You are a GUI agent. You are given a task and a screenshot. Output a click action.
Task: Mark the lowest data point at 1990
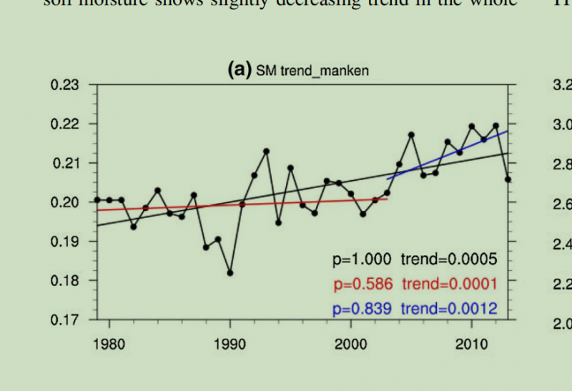tap(230, 273)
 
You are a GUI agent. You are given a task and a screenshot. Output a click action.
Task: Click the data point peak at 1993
tap(266, 152)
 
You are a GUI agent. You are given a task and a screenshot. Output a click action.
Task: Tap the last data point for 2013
tap(508, 179)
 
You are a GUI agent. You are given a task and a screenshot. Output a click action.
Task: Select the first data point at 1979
tap(97, 200)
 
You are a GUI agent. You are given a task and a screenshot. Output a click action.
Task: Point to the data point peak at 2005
tap(411, 134)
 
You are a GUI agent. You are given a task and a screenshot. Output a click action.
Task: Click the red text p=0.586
tap(363, 284)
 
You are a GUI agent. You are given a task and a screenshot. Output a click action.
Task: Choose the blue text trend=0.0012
tap(448, 309)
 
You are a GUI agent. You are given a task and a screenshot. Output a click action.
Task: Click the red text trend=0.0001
tap(448, 284)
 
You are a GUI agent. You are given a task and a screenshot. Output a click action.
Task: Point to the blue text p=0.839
tap(363, 309)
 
